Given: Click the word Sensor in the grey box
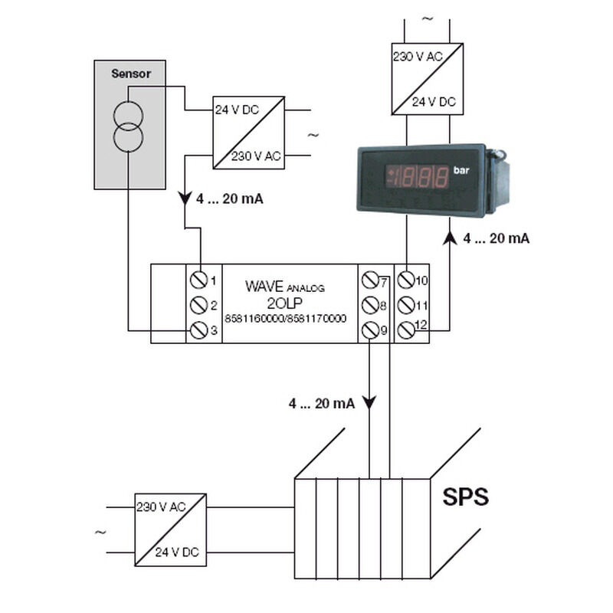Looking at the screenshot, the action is [x=131, y=74].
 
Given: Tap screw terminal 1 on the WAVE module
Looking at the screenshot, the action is [x=198, y=280].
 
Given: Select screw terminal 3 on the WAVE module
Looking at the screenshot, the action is [x=198, y=330].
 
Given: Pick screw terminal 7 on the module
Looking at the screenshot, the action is [x=370, y=280].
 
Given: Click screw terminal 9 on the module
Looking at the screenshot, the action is [x=370, y=330].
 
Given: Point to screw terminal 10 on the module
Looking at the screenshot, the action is [x=406, y=280].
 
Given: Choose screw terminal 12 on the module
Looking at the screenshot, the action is [x=406, y=330].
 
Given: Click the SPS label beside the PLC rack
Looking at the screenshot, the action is [x=465, y=497].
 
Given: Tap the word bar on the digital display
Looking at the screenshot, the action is [x=461, y=170].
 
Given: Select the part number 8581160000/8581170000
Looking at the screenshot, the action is [x=285, y=319].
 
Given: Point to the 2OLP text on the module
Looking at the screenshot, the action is [x=284, y=303].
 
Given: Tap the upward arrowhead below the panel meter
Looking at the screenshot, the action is [x=450, y=238].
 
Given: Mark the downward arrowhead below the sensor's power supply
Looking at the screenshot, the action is [x=185, y=198].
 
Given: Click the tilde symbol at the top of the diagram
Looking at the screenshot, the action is [x=428, y=18].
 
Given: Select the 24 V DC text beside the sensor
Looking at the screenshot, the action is [x=237, y=110].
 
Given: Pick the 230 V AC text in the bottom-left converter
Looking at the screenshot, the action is [x=161, y=507].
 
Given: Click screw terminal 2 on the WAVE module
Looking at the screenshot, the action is [x=198, y=305].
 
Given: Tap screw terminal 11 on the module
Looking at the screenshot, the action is [x=406, y=305].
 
